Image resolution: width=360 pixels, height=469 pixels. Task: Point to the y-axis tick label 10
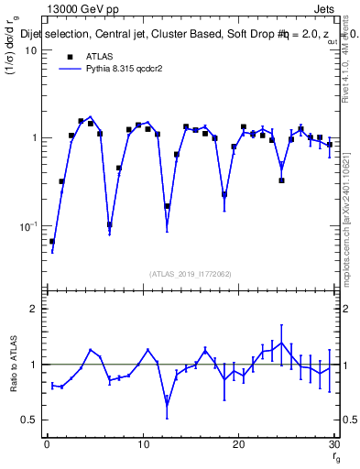30,50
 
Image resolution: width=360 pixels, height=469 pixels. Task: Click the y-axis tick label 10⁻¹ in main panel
28,226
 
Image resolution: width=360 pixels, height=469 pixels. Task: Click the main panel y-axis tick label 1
34,138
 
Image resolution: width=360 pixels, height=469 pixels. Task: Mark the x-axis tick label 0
47,444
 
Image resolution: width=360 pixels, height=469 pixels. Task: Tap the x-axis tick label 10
143,444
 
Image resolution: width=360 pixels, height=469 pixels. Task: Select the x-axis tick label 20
238,444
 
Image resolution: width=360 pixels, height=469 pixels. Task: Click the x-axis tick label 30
333,444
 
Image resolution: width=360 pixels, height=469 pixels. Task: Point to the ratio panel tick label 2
34,309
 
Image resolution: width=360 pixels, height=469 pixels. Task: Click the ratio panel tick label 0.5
29,420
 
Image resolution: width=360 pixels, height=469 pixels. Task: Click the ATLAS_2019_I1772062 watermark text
190,273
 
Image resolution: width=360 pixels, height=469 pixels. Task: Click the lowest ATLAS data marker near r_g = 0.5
52,242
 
